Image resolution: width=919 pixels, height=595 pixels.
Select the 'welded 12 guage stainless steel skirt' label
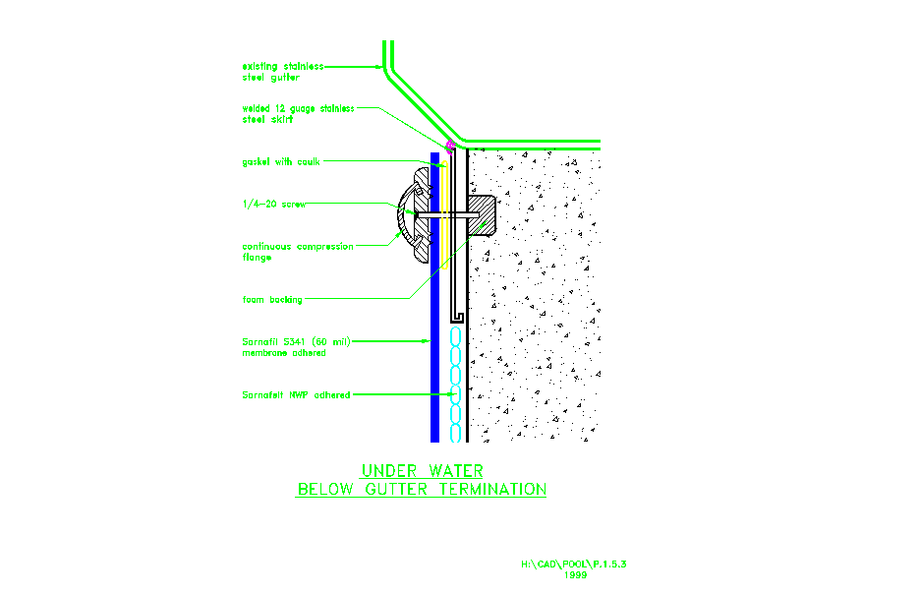point(298,114)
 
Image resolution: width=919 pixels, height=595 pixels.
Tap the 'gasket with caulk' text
point(281,161)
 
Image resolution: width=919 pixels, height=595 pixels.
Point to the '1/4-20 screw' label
point(274,204)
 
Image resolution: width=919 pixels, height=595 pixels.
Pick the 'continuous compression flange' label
point(297,252)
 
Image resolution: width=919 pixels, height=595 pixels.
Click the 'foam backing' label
point(272,299)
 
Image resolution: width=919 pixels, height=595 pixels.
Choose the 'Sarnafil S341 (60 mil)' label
point(296,341)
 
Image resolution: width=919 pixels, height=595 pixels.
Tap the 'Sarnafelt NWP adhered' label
point(296,394)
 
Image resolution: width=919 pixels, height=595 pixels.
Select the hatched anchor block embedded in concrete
point(481,215)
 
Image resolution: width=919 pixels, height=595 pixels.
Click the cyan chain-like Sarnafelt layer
point(454,384)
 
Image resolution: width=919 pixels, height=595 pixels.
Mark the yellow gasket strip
point(444,216)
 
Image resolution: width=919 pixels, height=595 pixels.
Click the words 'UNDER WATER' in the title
point(422,471)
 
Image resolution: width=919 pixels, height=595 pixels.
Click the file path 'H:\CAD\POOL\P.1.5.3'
point(574,565)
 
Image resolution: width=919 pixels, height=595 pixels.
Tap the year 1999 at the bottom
point(575,575)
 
